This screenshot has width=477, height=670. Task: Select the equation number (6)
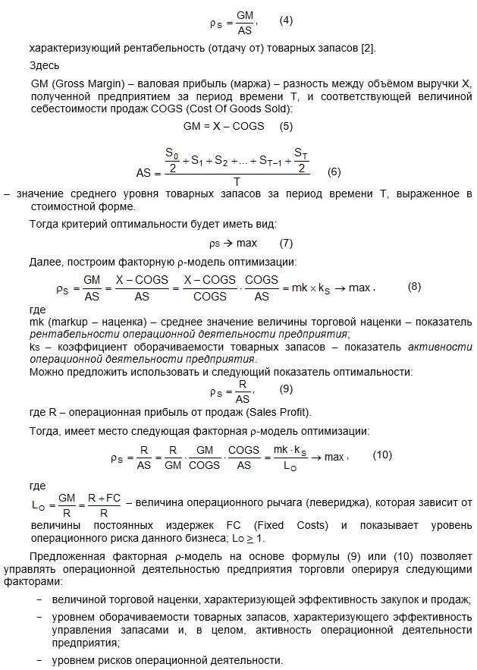pyautogui.click(x=334, y=171)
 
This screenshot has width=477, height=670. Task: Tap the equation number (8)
pyautogui.click(x=414, y=287)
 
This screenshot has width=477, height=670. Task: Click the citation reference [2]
pyautogui.click(x=367, y=49)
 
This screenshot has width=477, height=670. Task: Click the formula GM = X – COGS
pyautogui.click(x=224, y=126)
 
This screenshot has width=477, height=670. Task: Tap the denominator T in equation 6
pyautogui.click(x=237, y=182)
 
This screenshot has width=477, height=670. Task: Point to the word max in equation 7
pyautogui.click(x=246, y=243)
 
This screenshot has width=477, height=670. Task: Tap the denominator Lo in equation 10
pyautogui.click(x=291, y=466)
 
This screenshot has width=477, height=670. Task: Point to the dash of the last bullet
pyautogui.click(x=39, y=660)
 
